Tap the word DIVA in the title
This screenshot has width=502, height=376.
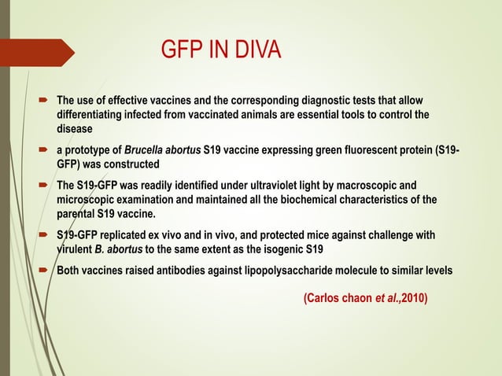point(251,52)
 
